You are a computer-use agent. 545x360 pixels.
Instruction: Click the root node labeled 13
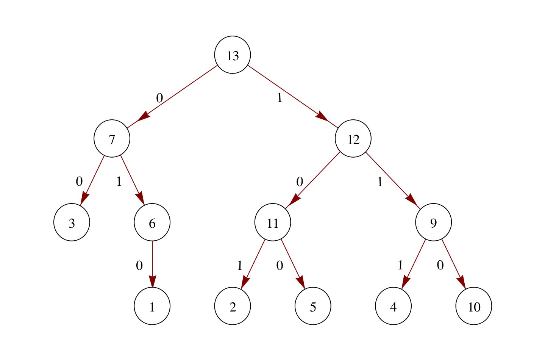[233, 55]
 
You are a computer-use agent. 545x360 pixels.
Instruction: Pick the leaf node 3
[72, 223]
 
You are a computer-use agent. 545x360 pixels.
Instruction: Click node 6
[152, 223]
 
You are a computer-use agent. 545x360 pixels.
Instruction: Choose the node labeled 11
[273, 223]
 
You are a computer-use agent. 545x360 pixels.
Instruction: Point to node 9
[433, 223]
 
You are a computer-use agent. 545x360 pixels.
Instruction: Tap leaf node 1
[152, 306]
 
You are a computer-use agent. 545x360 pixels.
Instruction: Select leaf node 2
[233, 306]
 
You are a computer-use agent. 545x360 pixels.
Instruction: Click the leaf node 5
[313, 306]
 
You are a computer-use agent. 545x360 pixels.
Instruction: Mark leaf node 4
[393, 306]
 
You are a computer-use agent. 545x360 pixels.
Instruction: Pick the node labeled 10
[474, 306]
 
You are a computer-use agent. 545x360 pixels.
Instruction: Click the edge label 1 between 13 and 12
[280, 98]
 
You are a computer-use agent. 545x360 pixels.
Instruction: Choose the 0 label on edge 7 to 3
[79, 182]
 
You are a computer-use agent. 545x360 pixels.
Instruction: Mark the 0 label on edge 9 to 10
[440, 265]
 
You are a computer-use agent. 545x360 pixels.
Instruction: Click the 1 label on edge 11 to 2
[239, 266]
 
